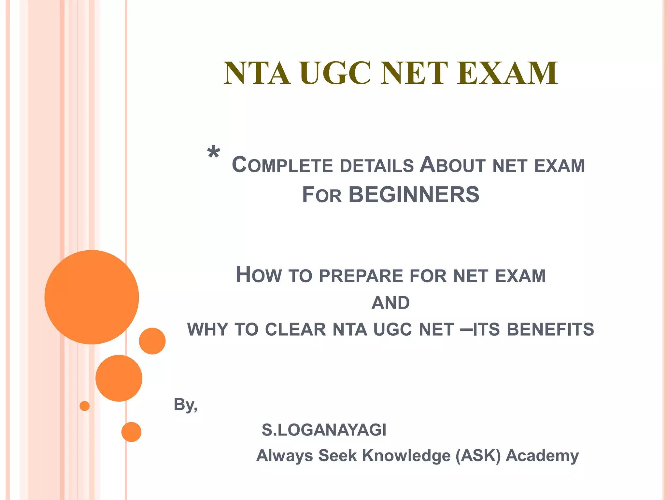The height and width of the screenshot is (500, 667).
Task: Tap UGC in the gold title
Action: (335, 74)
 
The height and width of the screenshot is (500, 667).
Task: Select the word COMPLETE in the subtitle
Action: (282, 165)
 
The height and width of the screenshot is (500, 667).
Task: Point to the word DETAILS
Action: (376, 166)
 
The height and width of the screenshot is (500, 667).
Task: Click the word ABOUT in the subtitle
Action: (452, 165)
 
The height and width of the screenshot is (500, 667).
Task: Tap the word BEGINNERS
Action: (414, 195)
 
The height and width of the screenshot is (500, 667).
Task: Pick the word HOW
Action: (259, 275)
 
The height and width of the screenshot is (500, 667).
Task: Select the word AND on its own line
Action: (390, 303)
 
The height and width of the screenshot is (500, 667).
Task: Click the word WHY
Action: (207, 329)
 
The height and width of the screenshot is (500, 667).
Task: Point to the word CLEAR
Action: (295, 329)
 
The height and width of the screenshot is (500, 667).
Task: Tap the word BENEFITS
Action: (550, 329)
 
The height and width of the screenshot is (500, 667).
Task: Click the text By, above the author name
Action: (185, 405)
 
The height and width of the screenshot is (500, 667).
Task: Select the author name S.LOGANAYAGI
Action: (324, 430)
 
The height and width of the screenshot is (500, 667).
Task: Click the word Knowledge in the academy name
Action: (406, 456)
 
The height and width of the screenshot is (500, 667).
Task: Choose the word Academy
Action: (542, 456)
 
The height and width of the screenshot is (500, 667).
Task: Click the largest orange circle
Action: (92, 297)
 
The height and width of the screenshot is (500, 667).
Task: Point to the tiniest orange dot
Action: (85, 406)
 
